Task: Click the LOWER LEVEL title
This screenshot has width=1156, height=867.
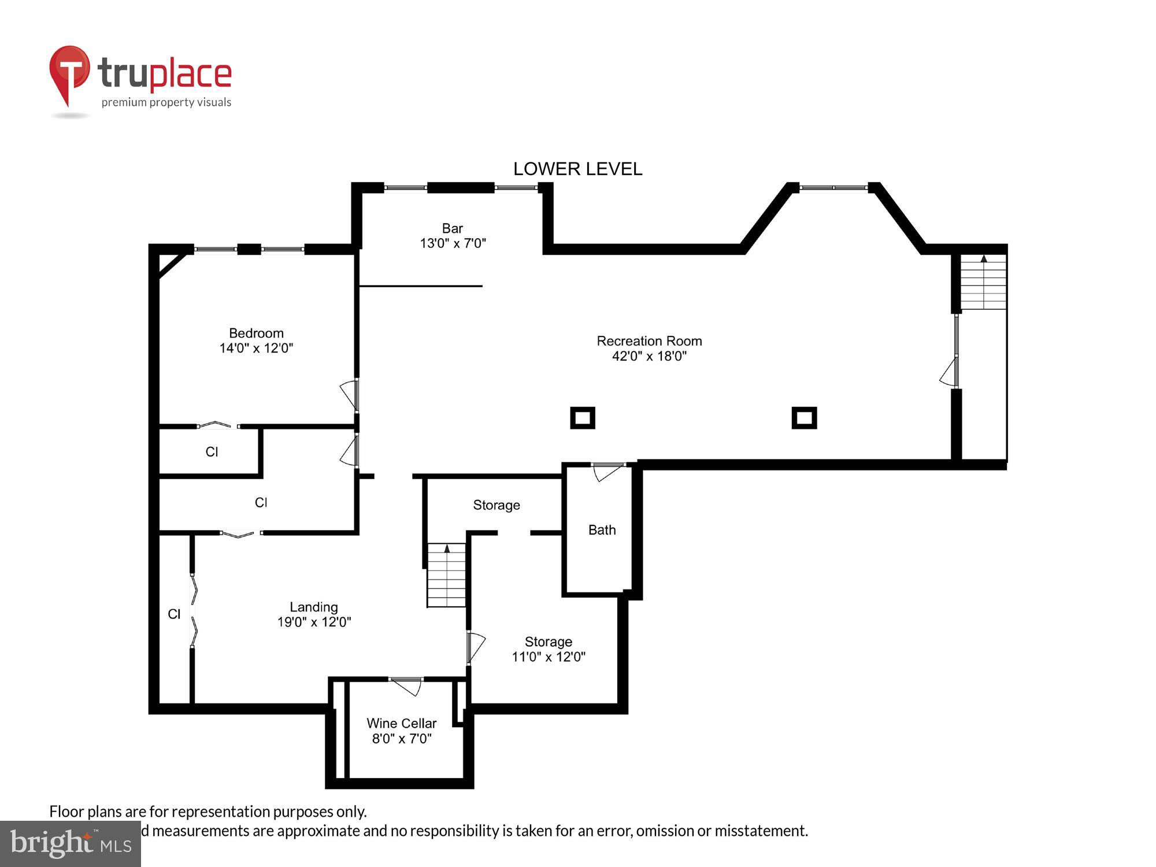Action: click(x=577, y=169)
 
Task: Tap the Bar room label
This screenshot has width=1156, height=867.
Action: click(x=453, y=228)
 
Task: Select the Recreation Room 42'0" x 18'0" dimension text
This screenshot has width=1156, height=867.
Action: click(x=649, y=356)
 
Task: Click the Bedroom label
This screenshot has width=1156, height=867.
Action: click(x=256, y=333)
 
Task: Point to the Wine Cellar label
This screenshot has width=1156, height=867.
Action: click(x=401, y=723)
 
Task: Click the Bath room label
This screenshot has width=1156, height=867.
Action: click(x=602, y=530)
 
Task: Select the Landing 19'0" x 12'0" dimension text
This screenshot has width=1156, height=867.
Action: click(x=314, y=622)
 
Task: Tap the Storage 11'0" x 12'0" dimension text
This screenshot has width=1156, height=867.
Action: click(x=549, y=657)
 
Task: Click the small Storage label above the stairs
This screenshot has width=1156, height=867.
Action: click(x=497, y=505)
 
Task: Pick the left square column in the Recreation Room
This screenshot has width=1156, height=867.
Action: click(x=583, y=418)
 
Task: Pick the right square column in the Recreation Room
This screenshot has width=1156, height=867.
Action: click(x=804, y=418)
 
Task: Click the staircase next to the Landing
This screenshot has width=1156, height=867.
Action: click(x=446, y=575)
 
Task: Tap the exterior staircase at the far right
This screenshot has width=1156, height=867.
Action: click(x=983, y=282)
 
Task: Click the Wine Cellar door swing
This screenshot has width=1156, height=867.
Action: click(x=407, y=686)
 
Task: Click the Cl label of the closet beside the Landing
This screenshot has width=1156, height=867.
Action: click(x=174, y=614)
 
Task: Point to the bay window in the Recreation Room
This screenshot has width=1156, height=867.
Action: click(x=833, y=187)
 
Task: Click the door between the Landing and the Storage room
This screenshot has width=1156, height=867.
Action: click(x=475, y=646)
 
